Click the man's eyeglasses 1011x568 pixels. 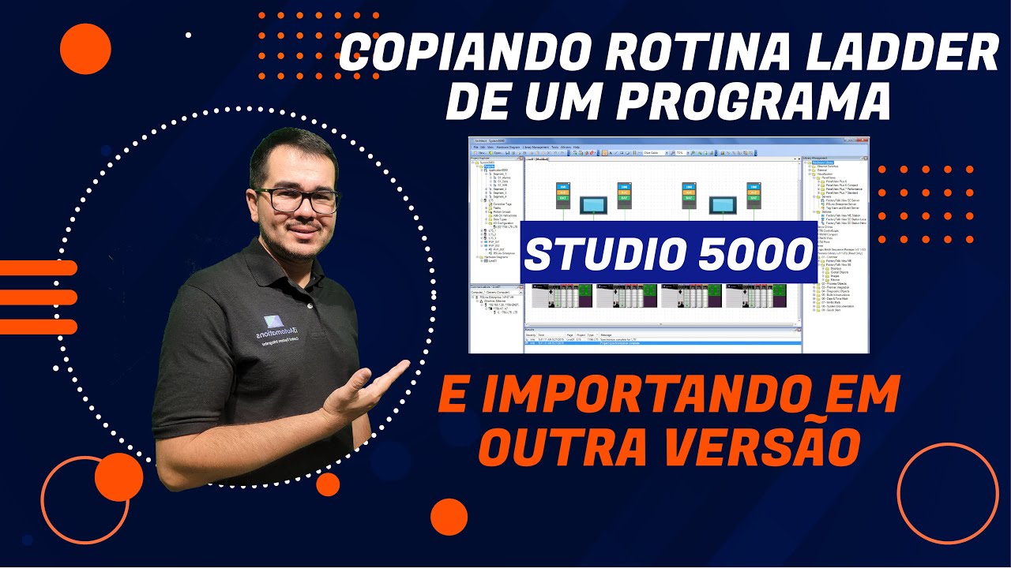[x=296, y=199]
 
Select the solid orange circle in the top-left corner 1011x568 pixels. [x=85, y=49]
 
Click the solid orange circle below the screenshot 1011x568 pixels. [x=449, y=518]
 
